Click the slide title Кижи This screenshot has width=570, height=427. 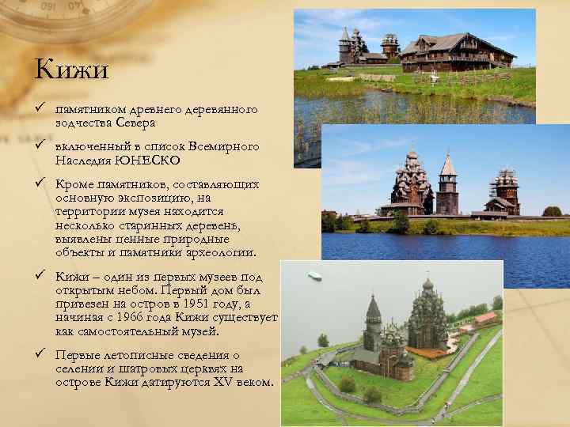coord(71,70)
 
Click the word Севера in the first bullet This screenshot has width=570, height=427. coord(134,123)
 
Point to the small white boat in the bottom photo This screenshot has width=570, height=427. coord(314,276)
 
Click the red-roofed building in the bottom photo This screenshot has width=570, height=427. coord(484,319)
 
